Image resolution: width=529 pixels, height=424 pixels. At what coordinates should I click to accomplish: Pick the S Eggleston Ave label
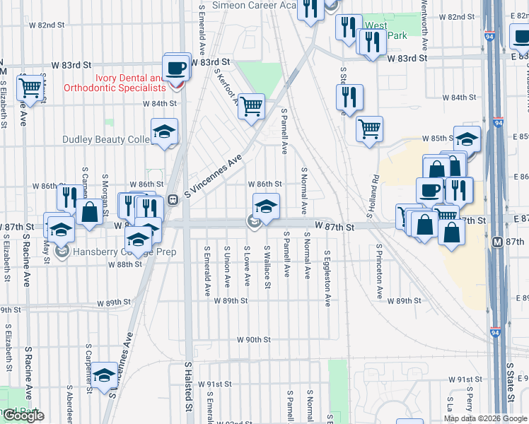point(327,278)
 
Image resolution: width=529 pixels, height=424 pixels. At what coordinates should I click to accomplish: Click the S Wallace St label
point(267,266)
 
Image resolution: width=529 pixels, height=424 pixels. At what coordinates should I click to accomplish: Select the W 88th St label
point(124,264)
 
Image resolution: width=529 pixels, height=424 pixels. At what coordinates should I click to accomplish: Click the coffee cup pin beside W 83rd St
point(175,69)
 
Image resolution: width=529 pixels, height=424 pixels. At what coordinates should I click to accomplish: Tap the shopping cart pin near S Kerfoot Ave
point(252,106)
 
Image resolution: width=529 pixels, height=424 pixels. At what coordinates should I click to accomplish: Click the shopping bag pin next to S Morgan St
point(90,212)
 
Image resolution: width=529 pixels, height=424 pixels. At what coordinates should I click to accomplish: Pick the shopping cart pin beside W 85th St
point(369,129)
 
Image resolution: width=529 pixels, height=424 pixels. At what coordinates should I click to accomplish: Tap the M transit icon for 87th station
point(496,242)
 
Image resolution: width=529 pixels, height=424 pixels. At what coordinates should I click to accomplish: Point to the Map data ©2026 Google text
point(485,418)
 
